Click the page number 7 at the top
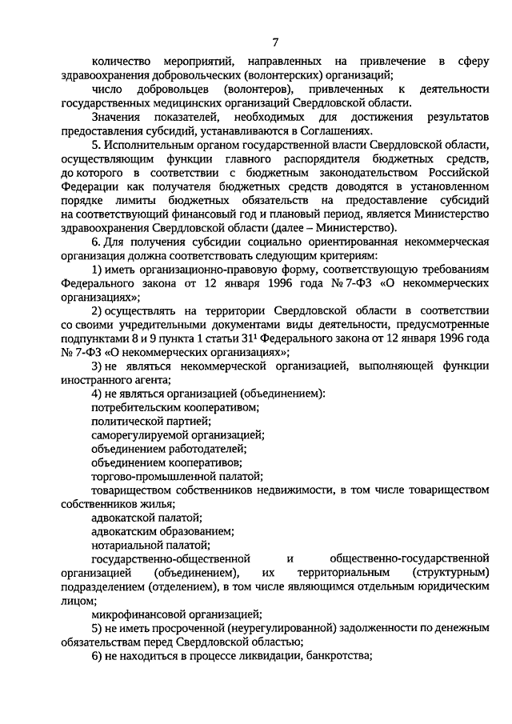click(x=275, y=42)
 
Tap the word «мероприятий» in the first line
click(x=187, y=62)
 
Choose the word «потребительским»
click(x=141, y=407)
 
